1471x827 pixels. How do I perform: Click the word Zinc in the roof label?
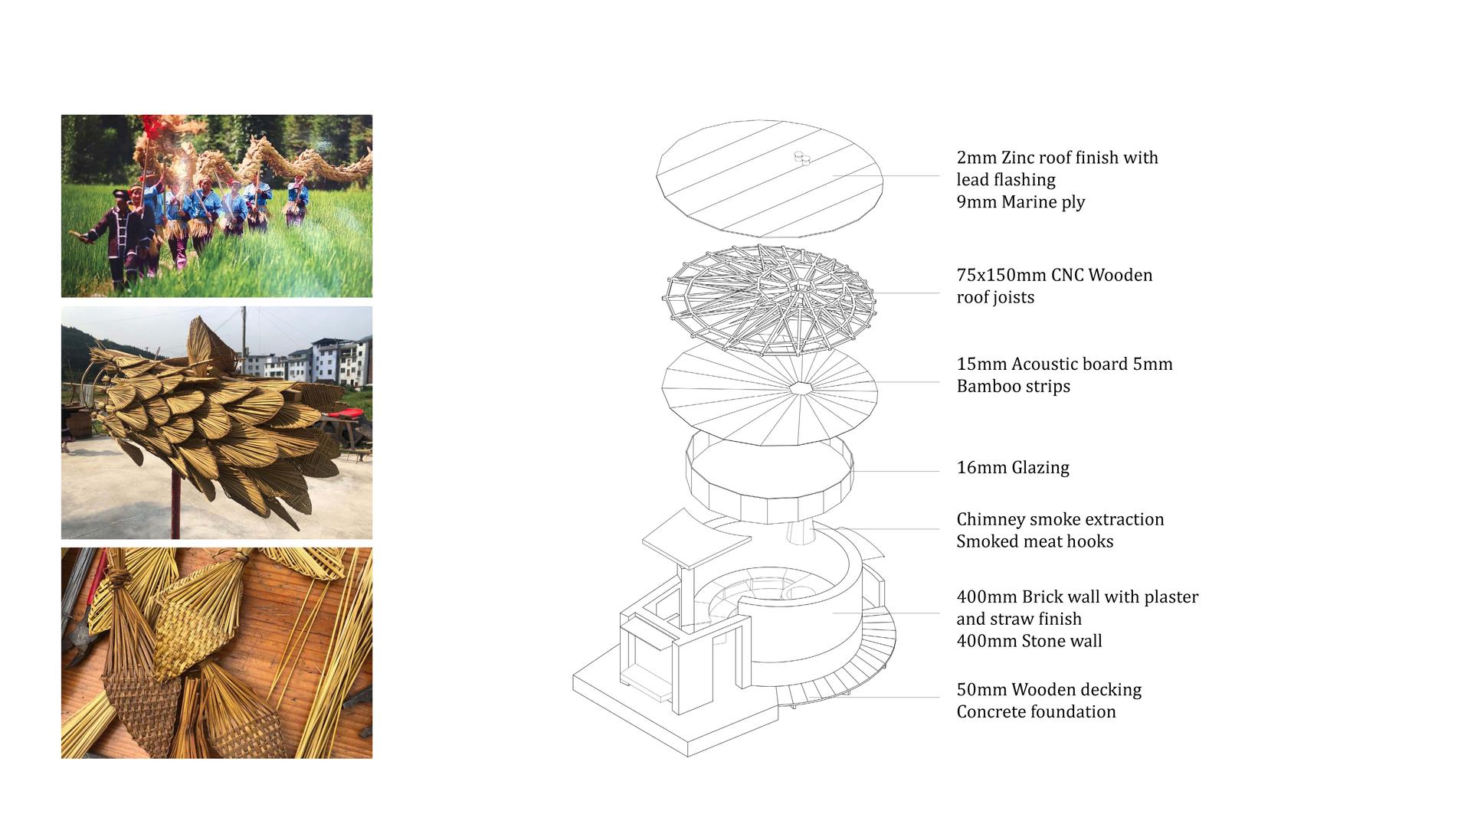pos(1018,158)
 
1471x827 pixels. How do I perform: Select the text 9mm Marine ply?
pos(1021,202)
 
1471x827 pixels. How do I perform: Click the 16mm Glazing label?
pos(1013,467)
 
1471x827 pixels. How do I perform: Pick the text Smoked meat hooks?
pos(1035,541)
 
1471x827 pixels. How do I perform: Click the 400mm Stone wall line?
pos(1029,641)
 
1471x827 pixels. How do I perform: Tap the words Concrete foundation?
pos(1036,712)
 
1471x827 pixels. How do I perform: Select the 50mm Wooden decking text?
pos(1049,690)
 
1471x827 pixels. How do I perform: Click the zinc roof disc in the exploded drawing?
pos(770,178)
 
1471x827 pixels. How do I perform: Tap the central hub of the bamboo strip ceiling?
pos(801,387)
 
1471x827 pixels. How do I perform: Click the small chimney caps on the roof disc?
pos(801,158)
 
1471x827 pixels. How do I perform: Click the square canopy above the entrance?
pos(696,538)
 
